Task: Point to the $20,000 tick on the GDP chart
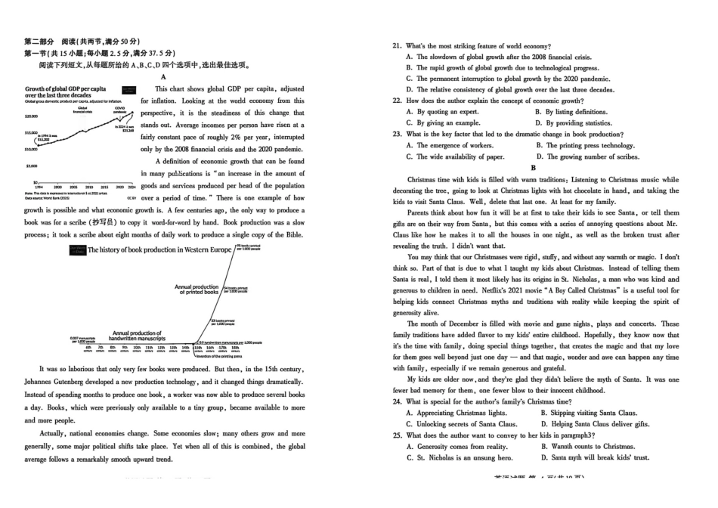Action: (x=31, y=116)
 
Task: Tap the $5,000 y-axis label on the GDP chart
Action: (x=30, y=166)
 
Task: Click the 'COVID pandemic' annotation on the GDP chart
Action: (x=119, y=110)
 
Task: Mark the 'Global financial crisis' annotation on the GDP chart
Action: (x=82, y=110)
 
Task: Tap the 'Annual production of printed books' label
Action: (x=197, y=289)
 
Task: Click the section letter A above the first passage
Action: (x=163, y=76)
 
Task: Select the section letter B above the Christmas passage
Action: (x=533, y=168)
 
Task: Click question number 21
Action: (x=397, y=45)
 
